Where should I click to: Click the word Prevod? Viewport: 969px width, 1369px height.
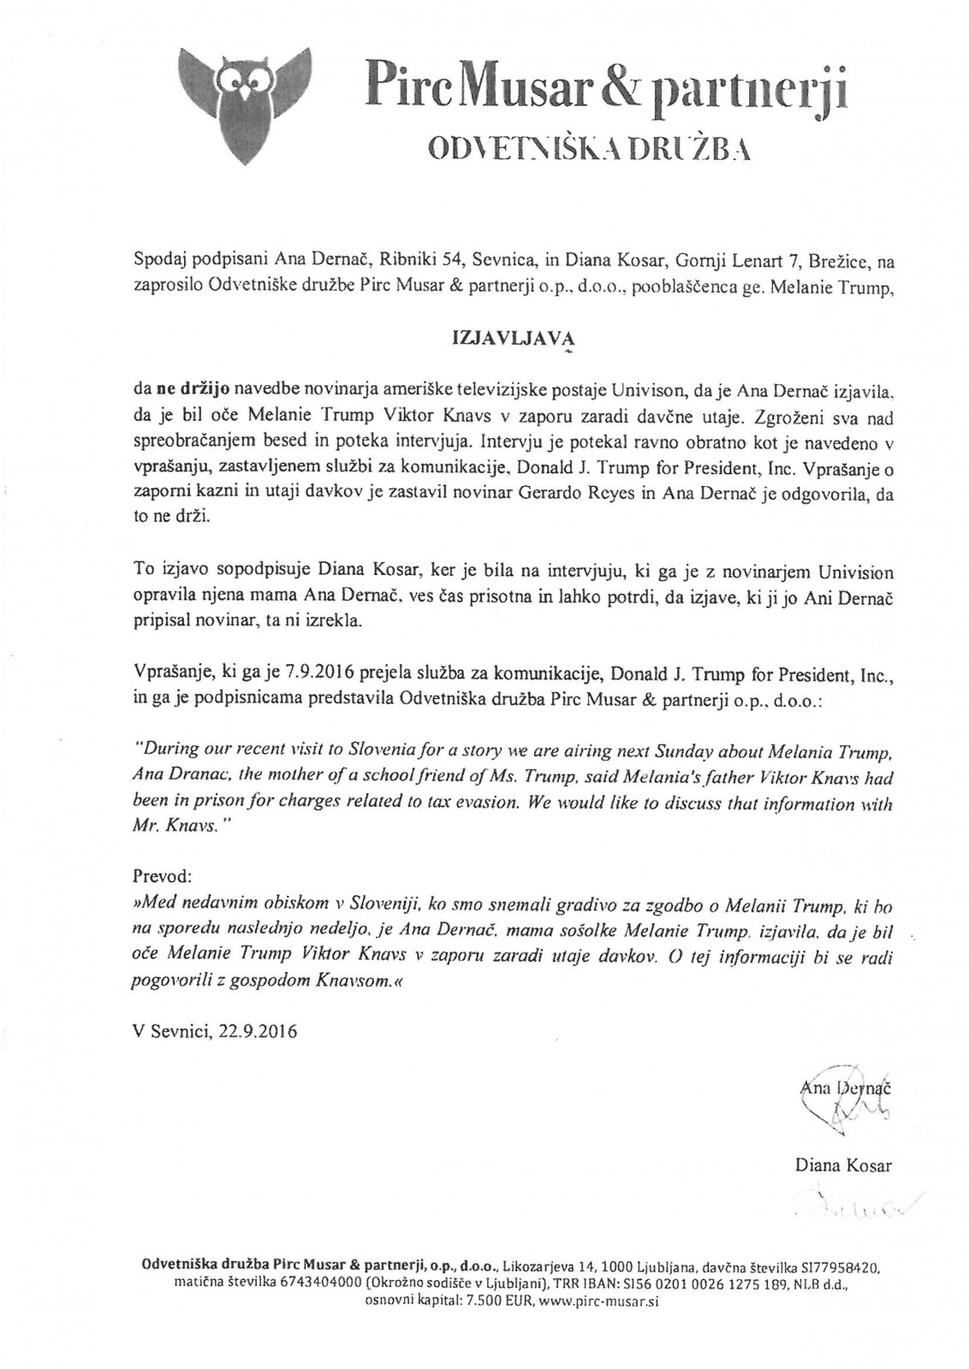click(163, 877)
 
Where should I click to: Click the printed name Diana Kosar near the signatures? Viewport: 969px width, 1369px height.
click(843, 1165)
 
